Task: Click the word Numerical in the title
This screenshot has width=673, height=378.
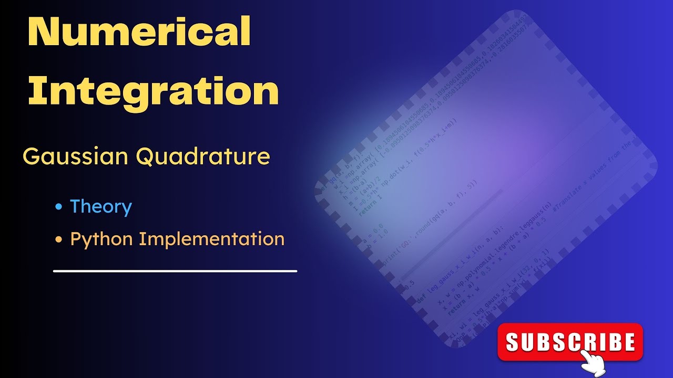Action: tap(139, 33)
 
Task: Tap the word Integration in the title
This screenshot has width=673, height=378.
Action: tap(153, 90)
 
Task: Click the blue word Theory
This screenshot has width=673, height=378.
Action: tap(101, 206)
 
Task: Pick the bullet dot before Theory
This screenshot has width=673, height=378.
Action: tap(59, 207)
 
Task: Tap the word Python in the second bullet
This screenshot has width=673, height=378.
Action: tap(101, 239)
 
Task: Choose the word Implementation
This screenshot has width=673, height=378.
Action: tap(211, 239)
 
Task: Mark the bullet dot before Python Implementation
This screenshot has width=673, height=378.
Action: tap(59, 240)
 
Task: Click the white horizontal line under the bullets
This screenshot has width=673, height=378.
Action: tap(175, 271)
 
